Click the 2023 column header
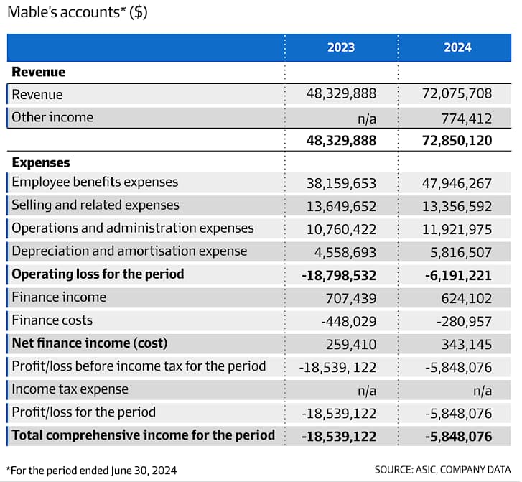coord(341,47)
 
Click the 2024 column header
coord(457,47)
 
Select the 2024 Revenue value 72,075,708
coord(457,93)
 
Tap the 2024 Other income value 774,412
coord(467,119)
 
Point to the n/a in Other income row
coord(367,119)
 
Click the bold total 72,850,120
coord(457,141)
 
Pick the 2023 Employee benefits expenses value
coord(341,184)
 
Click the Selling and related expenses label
coord(95,205)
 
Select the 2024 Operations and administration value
coord(457,230)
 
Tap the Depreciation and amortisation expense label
coord(129,251)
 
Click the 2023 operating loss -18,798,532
coord(339,275)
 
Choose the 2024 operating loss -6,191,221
coord(458,275)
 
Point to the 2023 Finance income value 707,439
coord(351,298)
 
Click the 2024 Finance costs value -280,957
coord(464,321)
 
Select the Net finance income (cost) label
coord(89,343)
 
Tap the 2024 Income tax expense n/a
coord(483,391)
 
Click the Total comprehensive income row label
coord(143,435)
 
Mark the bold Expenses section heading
coord(41,162)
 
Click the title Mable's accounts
coord(78,12)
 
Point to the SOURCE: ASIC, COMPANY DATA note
coord(442,470)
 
